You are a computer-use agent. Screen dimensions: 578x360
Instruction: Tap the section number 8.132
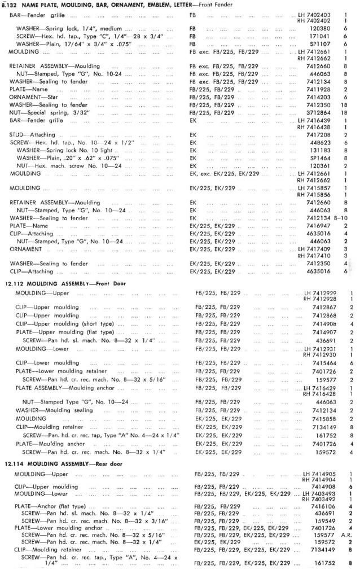11,5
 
